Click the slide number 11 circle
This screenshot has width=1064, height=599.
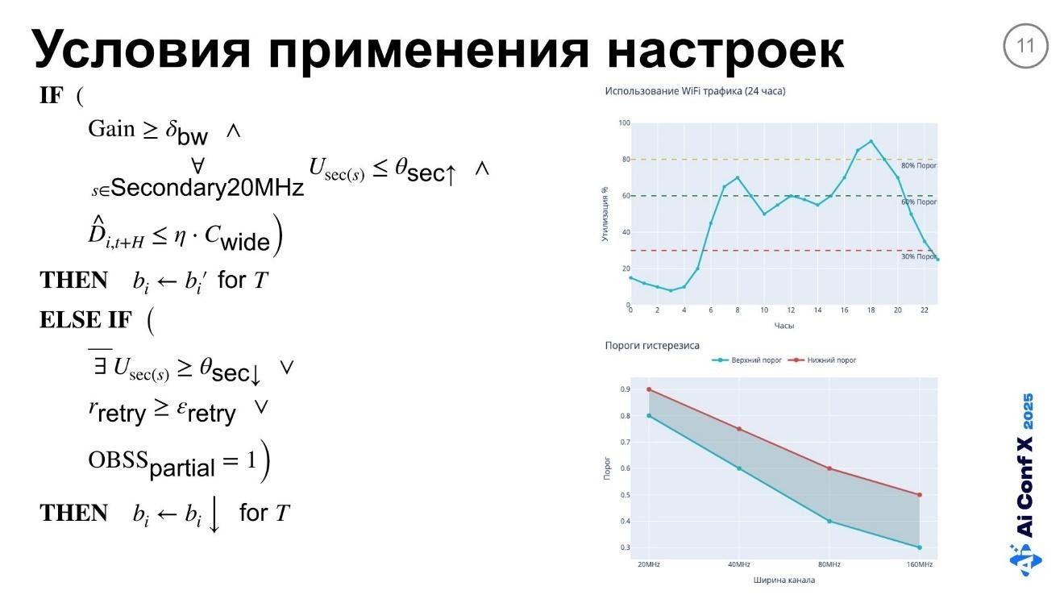[1025, 46]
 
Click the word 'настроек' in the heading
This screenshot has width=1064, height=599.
[725, 49]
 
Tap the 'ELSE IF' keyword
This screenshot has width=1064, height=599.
[85, 320]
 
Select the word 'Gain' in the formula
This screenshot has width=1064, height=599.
[111, 129]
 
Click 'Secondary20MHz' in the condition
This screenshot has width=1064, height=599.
[208, 188]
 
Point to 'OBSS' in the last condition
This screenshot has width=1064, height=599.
[118, 460]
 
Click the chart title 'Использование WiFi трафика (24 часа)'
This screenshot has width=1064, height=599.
[695, 91]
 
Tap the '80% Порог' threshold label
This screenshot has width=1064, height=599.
[918, 165]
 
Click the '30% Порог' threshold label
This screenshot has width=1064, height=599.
[918, 256]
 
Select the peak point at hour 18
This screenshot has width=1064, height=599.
[871, 141]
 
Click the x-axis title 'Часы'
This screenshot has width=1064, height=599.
[783, 326]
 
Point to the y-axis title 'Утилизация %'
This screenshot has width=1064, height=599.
[605, 214]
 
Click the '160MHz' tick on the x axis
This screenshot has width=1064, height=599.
[919, 564]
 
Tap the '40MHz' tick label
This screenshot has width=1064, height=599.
[738, 564]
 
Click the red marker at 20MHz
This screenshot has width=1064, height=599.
[649, 389]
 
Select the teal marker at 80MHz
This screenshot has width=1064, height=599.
[829, 521]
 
